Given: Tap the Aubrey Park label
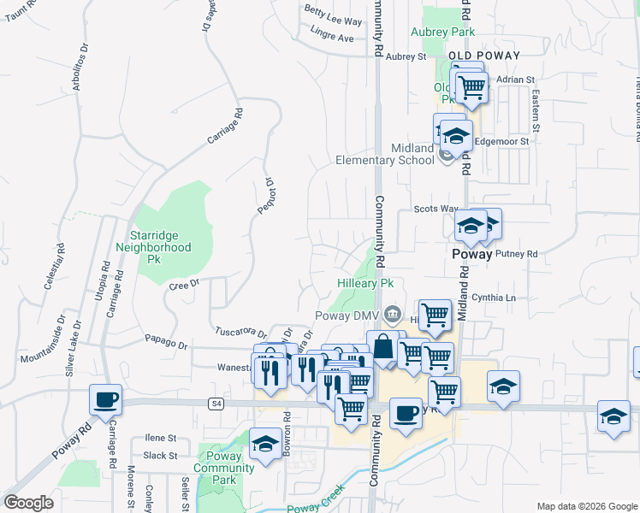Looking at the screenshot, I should pyautogui.click(x=442, y=32).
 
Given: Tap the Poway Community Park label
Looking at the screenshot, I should pyautogui.click(x=224, y=468).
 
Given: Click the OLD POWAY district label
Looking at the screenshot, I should pyautogui.click(x=483, y=56).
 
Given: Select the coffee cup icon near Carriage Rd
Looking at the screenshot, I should pyautogui.click(x=106, y=400).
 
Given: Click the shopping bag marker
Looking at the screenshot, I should pyautogui.click(x=382, y=348).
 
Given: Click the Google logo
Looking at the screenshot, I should pyautogui.click(x=28, y=503).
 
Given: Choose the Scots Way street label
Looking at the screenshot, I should pyautogui.click(x=436, y=209).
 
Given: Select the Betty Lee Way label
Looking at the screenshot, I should pyautogui.click(x=333, y=20).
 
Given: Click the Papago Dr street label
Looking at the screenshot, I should pyautogui.click(x=165, y=345).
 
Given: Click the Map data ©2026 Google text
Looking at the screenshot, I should pyautogui.click(x=586, y=506).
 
